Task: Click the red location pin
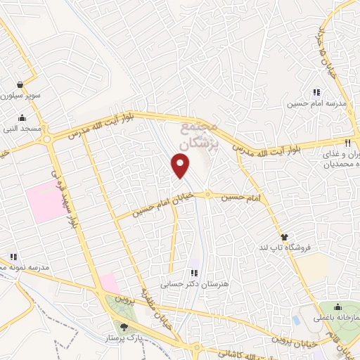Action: coord(181,165)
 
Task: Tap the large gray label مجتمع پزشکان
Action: coord(200,135)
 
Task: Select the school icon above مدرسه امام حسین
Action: coord(316,92)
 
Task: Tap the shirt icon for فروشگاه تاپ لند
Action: coord(284,237)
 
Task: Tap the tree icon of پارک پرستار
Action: coord(124,326)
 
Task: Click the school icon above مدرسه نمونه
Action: coord(12,257)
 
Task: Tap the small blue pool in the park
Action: coord(296,320)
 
